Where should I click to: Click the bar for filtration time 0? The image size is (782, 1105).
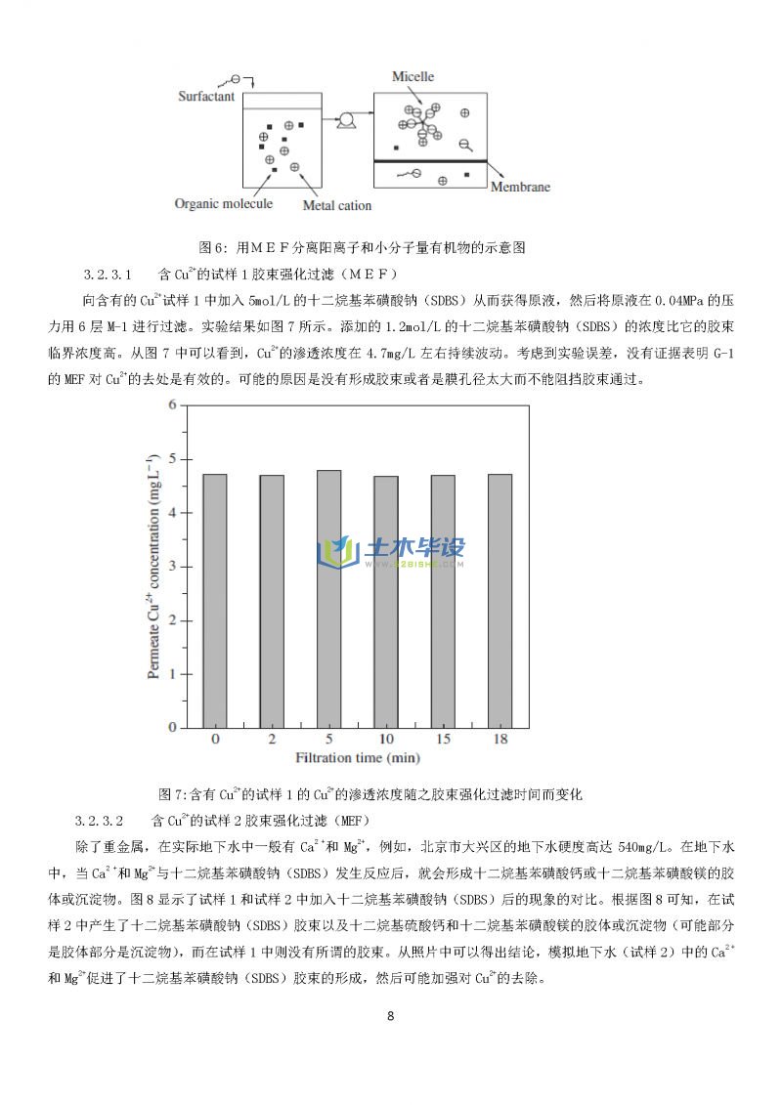pos(215,601)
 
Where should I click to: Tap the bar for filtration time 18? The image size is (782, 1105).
pos(500,601)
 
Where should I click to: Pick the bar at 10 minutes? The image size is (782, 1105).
pos(386,602)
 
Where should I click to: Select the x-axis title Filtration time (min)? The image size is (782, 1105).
pos(358,758)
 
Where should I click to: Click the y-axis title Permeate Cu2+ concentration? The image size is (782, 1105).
pos(154,566)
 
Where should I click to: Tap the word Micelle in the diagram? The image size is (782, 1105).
pos(413,76)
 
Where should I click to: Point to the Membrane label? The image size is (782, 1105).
pos(520,187)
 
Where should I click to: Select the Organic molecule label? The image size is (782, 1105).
pos(224,204)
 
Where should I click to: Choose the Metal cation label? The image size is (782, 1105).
pos(337,205)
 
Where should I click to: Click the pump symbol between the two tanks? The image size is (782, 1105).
pos(345,120)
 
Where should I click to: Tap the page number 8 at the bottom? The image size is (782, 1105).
pos(391,1015)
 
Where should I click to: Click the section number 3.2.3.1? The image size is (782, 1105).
pos(108,271)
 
